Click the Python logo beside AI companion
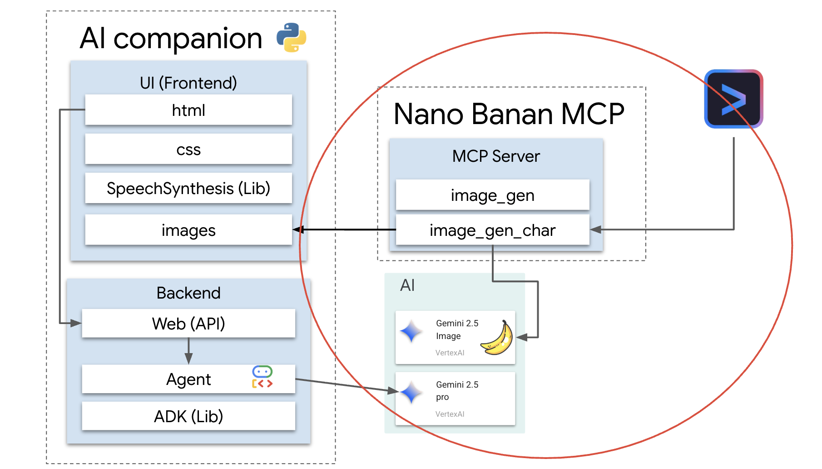[292, 38]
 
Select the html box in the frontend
[188, 110]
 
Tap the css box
[188, 149]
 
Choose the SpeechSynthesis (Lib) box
[188, 188]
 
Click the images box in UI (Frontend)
[188, 230]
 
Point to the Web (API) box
[188, 324]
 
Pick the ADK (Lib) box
[188, 416]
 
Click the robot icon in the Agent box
[262, 377]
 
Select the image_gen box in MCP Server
[492, 195]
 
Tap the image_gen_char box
[492, 230]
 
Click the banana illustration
[497, 338]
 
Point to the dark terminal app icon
[733, 99]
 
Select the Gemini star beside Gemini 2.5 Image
[411, 331]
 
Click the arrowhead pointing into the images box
[298, 230]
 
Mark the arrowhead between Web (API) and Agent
[188, 359]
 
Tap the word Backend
[188, 293]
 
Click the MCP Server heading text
[496, 156]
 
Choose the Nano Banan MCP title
[509, 114]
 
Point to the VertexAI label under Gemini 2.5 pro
[450, 414]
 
